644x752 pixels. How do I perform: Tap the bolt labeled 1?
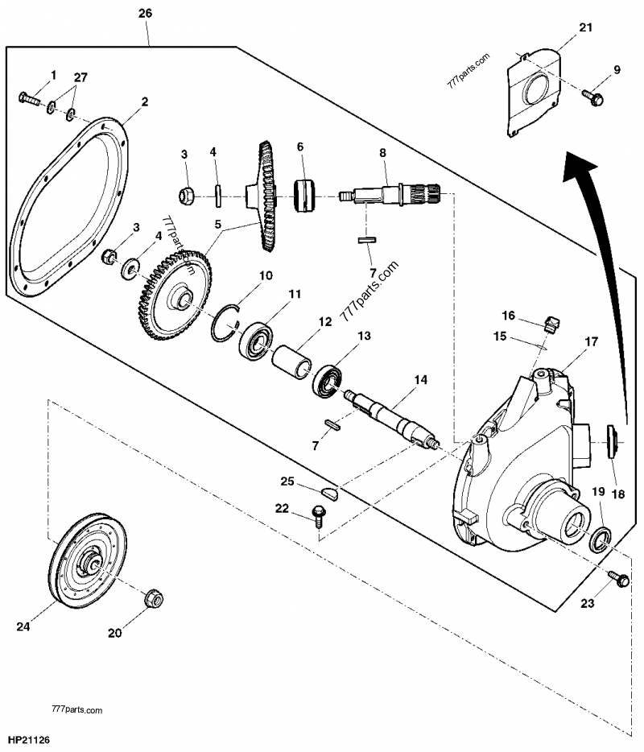point(29,100)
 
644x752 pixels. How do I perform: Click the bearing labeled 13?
point(329,379)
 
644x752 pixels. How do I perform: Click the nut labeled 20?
point(154,599)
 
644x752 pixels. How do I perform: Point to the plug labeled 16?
point(551,324)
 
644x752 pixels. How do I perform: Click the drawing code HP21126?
point(27,737)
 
